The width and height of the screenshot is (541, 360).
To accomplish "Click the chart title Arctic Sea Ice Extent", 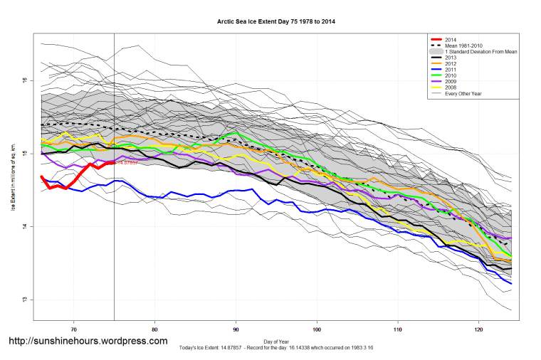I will [276, 22].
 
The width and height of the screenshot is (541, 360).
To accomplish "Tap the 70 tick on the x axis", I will [74, 329].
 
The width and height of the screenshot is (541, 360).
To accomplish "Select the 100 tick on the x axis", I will [317, 329].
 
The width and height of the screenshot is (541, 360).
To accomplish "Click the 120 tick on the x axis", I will [478, 329].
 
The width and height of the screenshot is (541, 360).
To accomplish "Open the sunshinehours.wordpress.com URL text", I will [88, 341].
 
